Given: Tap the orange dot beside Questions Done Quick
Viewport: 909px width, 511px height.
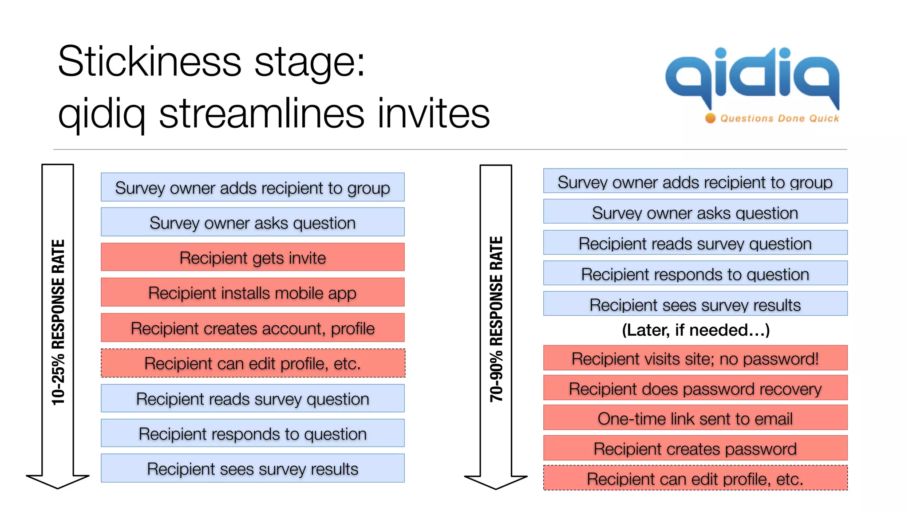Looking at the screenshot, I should pos(710,118).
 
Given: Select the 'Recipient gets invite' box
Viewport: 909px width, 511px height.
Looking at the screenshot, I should pos(253,257).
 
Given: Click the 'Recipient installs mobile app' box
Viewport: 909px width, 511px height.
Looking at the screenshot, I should pos(253,293).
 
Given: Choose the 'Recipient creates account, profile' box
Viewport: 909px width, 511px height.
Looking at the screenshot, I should pos(253,328).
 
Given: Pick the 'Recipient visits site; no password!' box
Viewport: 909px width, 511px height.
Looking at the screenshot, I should pos(695,358).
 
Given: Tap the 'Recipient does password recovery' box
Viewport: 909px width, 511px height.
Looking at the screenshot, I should pos(695,389).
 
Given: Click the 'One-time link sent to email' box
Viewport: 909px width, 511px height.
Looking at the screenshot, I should pos(695,418).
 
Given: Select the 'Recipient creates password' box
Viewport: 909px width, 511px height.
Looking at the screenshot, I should pos(695,448).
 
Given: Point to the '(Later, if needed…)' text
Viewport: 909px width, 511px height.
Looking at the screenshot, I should pos(696,330).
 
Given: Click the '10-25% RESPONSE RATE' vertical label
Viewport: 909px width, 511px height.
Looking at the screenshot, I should pos(58,322).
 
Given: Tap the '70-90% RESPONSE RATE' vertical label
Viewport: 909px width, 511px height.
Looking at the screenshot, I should pos(496,319).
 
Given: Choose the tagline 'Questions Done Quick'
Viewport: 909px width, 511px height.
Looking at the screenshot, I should pos(779,118).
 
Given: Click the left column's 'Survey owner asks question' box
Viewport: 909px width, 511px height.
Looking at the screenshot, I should pos(253,222).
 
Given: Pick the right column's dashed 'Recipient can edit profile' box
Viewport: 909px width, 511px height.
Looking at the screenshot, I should pos(695,478).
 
